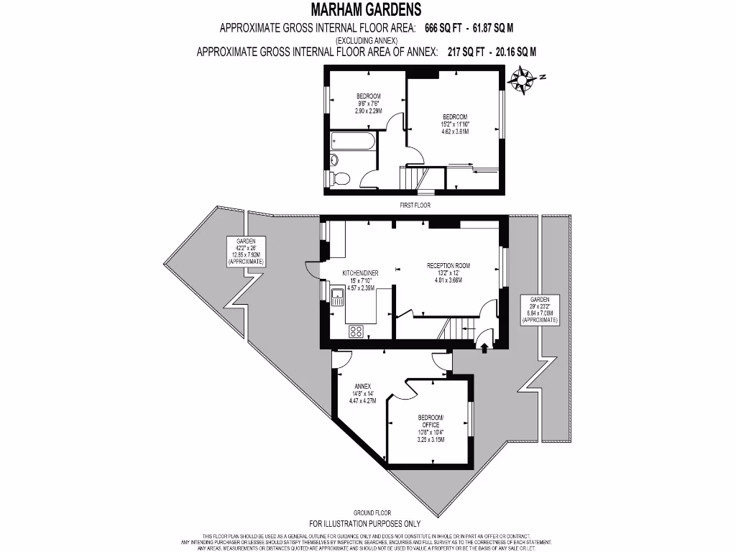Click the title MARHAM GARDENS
[366, 9]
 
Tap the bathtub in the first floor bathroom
[352, 142]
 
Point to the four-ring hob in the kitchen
[356, 331]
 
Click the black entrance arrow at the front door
[484, 348]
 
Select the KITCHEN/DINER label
[360, 274]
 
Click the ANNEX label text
[362, 386]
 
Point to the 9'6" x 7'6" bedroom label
[368, 103]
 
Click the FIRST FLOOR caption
[414, 204]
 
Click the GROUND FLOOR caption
[372, 512]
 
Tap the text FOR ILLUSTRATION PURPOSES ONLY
[364, 524]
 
